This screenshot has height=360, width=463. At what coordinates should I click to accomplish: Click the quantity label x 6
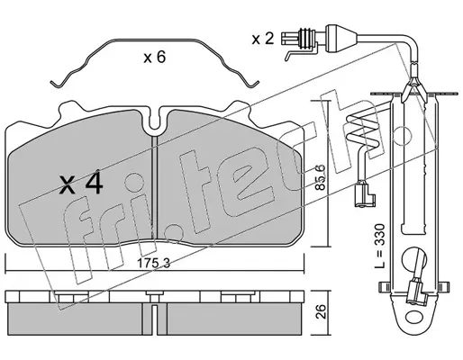pos(154,57)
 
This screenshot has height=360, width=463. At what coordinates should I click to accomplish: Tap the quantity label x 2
pos(263,39)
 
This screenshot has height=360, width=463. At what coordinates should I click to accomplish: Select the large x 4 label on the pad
pos(81,184)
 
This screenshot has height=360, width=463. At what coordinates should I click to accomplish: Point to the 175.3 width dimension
pos(153,264)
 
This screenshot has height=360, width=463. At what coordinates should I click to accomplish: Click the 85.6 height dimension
pos(321,178)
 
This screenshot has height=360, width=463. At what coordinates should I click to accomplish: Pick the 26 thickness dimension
pos(321,311)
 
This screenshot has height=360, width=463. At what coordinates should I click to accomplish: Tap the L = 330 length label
pos(380,246)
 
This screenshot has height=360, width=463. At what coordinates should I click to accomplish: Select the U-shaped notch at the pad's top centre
pos(154,124)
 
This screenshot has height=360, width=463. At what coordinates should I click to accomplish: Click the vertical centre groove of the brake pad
pos(154,187)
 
